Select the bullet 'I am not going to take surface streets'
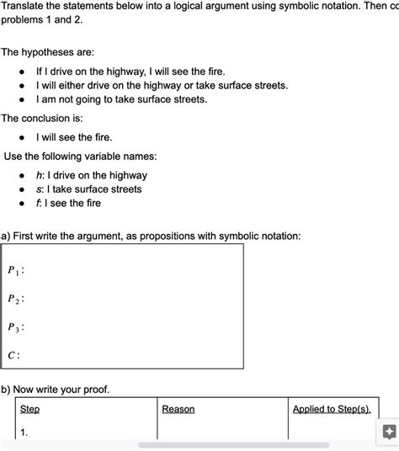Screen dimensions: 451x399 (121, 99)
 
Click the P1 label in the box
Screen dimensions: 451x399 (15, 271)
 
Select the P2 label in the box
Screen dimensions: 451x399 (15, 299)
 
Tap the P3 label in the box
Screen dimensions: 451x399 (15, 327)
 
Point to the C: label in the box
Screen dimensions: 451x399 (13, 355)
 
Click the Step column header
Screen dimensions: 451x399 (29, 409)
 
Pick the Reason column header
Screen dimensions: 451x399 (178, 409)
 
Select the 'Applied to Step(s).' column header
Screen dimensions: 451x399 (332, 409)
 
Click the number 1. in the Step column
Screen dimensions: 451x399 (24, 432)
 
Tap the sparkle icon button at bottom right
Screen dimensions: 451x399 (388, 432)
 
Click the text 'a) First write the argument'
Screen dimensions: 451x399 (152, 236)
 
